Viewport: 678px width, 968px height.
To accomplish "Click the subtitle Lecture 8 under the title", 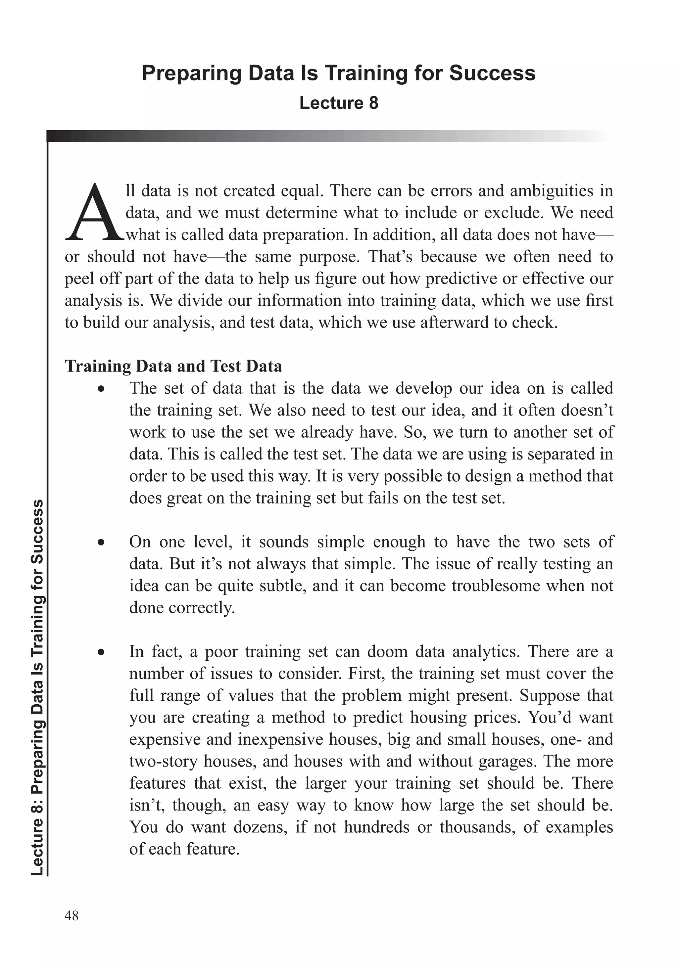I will tap(338, 103).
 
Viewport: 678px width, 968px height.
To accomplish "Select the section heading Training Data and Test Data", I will tap(173, 366).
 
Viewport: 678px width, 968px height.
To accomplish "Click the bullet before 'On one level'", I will tap(100, 543).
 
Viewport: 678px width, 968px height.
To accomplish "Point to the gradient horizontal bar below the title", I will tap(329, 136).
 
